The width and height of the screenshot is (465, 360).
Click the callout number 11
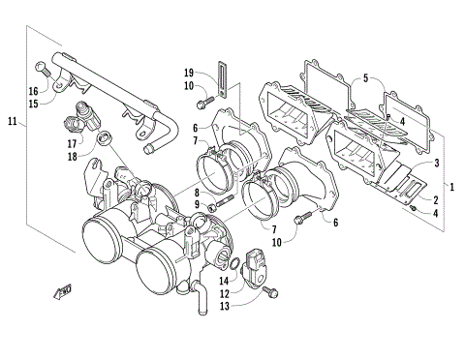tap(12, 122)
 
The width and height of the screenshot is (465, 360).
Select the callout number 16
tap(32, 91)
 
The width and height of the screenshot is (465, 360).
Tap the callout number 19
tap(190, 72)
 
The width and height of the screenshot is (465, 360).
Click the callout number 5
tap(365, 77)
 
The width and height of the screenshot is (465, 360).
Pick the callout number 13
tap(224, 306)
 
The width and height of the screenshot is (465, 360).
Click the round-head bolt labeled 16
tap(43, 69)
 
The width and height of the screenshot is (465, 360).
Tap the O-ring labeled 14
tap(232, 263)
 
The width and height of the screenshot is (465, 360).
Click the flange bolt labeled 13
tap(270, 291)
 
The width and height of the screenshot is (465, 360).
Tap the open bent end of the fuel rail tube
tap(151, 149)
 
